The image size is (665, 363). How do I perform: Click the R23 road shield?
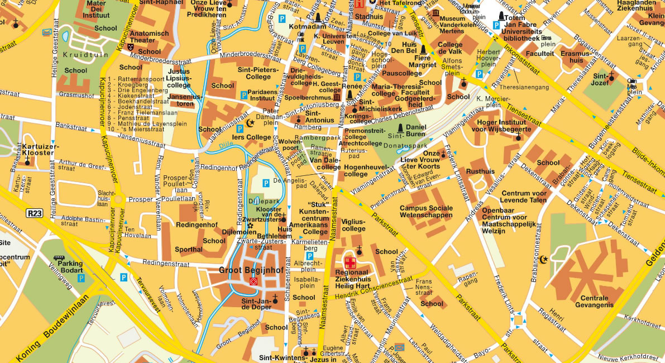click(x=34, y=213)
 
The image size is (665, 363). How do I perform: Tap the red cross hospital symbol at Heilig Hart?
click(x=350, y=262)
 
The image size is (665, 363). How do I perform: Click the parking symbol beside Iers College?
click(x=240, y=128)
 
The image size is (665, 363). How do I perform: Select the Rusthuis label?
click(x=481, y=172)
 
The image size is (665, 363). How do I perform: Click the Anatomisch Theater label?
click(x=149, y=37)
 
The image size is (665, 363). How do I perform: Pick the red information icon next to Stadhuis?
click(x=358, y=4)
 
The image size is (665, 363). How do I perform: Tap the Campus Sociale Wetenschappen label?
click(x=426, y=212)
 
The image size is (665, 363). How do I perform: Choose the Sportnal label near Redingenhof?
click(x=188, y=249)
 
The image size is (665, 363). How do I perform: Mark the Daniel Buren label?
click(x=415, y=130)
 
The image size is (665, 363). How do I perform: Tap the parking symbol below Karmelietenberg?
click(x=309, y=255)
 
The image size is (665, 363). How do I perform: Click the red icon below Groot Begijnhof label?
click(x=253, y=282)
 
